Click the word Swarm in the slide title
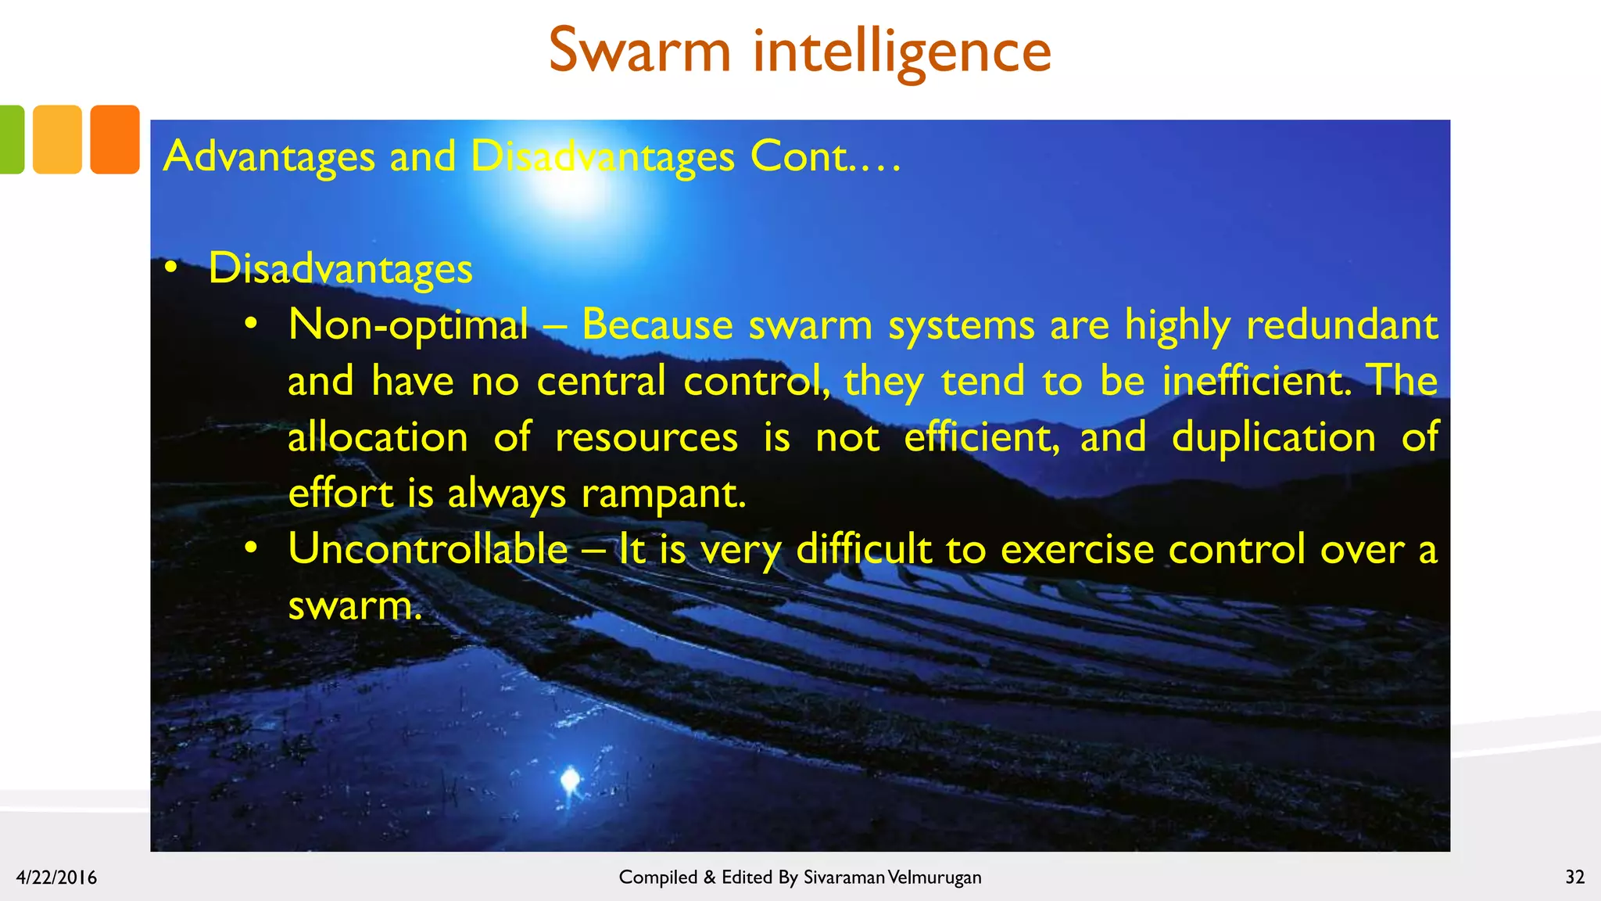click(639, 51)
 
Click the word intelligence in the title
click(901, 52)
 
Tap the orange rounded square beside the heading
click(115, 139)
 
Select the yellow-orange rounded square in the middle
click(57, 139)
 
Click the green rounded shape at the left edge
click(11, 139)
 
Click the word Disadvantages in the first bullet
click(340, 269)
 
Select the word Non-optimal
click(408, 325)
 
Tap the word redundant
click(1341, 324)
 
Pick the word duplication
click(1273, 437)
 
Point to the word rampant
click(663, 494)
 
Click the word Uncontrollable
click(428, 549)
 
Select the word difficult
click(864, 549)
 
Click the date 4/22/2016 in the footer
click(56, 878)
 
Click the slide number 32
click(1574, 877)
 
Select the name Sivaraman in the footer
click(843, 878)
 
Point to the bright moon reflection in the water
click(570, 779)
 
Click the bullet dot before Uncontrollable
click(250, 548)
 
